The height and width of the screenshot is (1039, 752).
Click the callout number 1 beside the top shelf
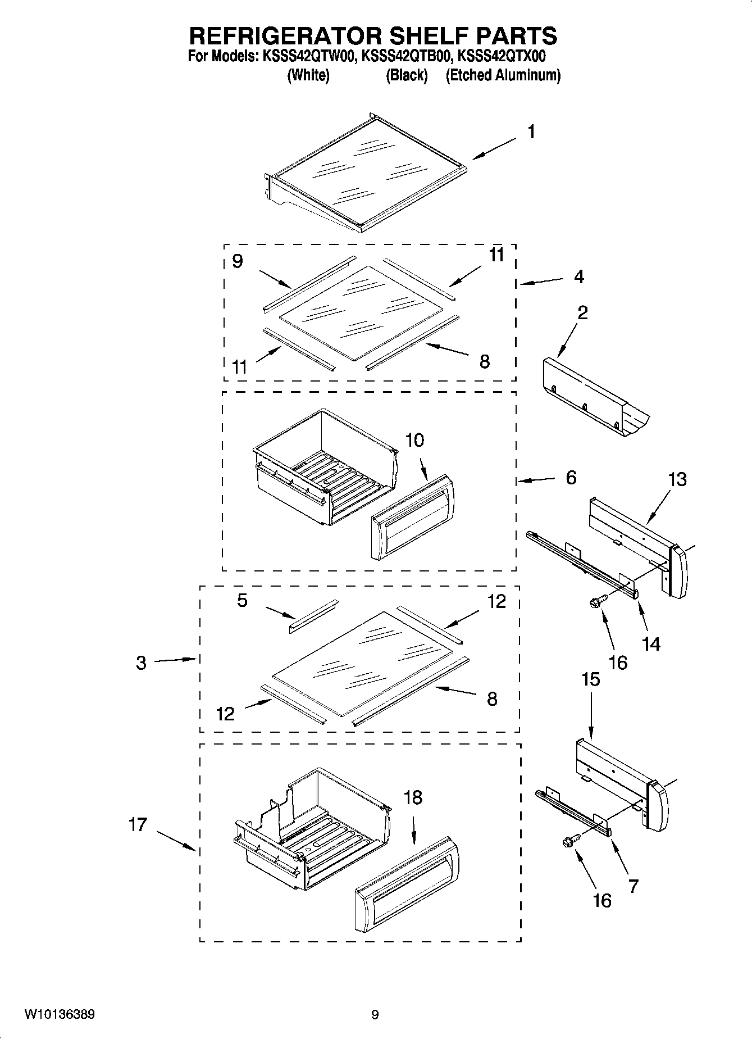(x=531, y=132)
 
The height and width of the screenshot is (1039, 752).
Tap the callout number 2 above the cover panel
(x=582, y=312)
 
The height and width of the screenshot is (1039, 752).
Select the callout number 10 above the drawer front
(x=414, y=440)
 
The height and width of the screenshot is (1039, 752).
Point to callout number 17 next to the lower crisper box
(x=138, y=824)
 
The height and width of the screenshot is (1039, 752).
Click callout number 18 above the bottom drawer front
(x=413, y=797)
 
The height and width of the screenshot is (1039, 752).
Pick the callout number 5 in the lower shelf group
(x=242, y=600)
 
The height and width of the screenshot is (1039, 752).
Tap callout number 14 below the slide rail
(x=651, y=643)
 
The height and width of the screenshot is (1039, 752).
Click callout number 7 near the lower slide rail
(x=633, y=886)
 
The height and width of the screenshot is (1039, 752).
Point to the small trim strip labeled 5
(x=313, y=616)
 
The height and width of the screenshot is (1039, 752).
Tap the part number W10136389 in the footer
(x=59, y=1014)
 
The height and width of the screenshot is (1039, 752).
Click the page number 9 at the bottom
(x=375, y=1014)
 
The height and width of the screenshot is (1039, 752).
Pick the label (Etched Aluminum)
(x=503, y=75)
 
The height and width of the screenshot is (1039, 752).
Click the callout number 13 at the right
(x=677, y=479)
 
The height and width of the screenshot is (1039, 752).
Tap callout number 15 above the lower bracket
(x=590, y=679)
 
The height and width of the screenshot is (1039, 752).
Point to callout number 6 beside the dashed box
(x=571, y=478)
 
